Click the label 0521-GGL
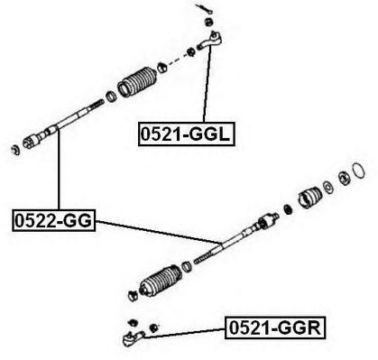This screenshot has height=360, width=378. coord(186,134)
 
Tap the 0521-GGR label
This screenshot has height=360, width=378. coord(275,328)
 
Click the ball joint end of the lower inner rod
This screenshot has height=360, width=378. coord(268,220)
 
